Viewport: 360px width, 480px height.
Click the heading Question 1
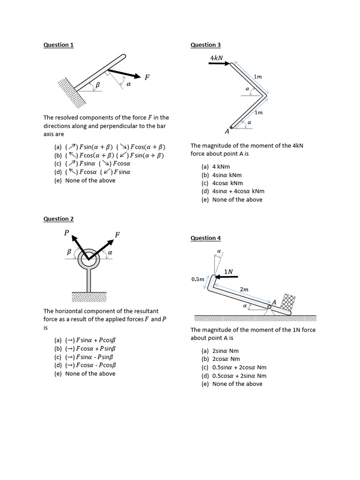(x=59, y=45)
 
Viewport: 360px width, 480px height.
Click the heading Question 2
(x=59, y=219)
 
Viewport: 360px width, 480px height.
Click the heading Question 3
(x=205, y=45)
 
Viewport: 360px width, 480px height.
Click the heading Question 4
(x=205, y=238)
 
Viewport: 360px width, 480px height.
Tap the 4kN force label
(x=217, y=58)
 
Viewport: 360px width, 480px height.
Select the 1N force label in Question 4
(x=228, y=271)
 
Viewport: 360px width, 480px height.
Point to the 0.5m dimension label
(x=198, y=279)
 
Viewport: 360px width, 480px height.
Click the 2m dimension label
(x=244, y=290)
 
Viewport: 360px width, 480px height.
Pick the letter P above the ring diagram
(x=67, y=233)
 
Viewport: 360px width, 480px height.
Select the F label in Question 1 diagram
(x=147, y=76)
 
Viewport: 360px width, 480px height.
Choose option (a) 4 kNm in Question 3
(x=216, y=166)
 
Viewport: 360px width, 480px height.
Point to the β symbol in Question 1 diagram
(x=98, y=85)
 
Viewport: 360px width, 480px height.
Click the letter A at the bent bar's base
(x=227, y=132)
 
